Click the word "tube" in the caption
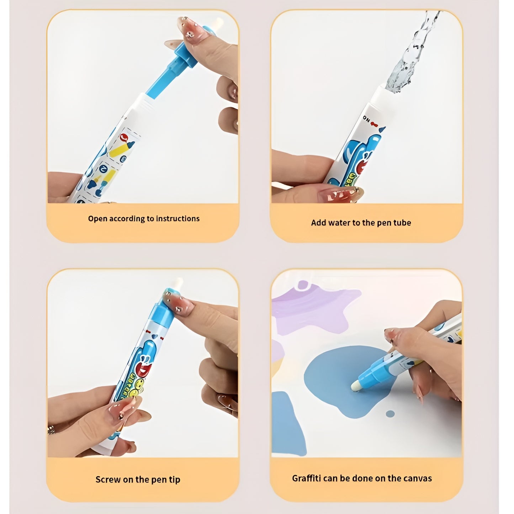pos(402,223)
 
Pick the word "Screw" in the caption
pos(108,479)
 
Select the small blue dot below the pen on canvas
pos(390,414)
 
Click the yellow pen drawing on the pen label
pos(119,149)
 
